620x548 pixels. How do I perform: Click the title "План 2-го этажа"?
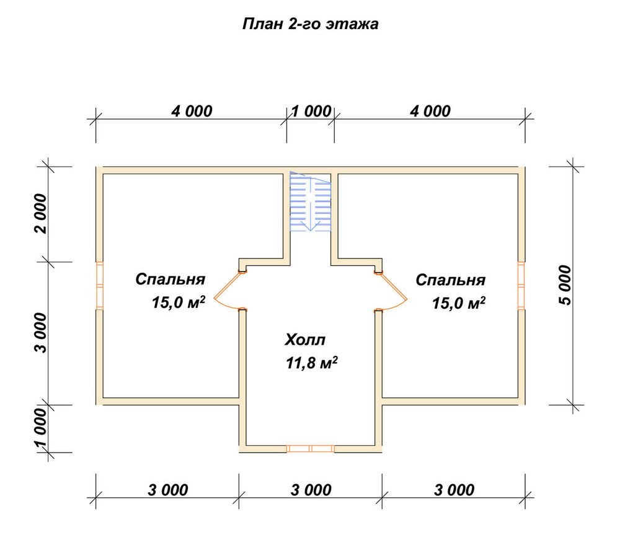[311, 24]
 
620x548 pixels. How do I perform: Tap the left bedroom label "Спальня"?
[170, 279]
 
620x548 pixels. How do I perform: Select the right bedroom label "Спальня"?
[450, 280]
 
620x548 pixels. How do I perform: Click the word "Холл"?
[305, 340]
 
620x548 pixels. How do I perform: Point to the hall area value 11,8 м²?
[312, 363]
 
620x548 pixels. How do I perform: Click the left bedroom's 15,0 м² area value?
[179, 302]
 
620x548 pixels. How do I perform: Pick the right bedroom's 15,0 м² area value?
[459, 303]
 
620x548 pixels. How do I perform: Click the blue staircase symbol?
[311, 201]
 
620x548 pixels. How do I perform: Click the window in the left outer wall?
[100, 285]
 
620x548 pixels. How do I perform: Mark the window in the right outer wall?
[521, 285]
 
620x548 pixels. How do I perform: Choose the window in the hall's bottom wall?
[311, 448]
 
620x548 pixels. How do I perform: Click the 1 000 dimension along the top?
[311, 112]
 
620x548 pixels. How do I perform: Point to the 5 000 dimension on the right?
[565, 285]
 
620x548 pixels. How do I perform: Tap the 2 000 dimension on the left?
[40, 213]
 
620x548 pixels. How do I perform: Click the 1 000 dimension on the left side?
[40, 430]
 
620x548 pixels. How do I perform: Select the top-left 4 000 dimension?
[192, 112]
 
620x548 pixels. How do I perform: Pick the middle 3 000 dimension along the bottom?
[311, 490]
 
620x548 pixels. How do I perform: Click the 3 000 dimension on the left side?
[40, 333]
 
